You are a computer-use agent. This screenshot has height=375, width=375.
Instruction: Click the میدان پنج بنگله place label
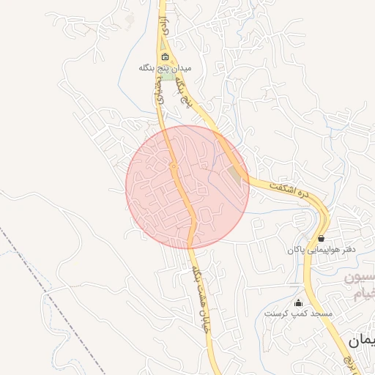[165, 67]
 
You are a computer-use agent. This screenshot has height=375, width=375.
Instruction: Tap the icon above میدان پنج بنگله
[165, 56]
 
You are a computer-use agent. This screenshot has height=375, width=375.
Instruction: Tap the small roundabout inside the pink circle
[174, 168]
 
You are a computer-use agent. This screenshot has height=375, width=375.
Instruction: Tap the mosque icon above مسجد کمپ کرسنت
[297, 303]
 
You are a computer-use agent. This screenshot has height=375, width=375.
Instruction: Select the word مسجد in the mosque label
[321, 313]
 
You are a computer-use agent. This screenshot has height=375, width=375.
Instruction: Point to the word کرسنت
[277, 313]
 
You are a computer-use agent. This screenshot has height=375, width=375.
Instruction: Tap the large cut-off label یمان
[362, 341]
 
